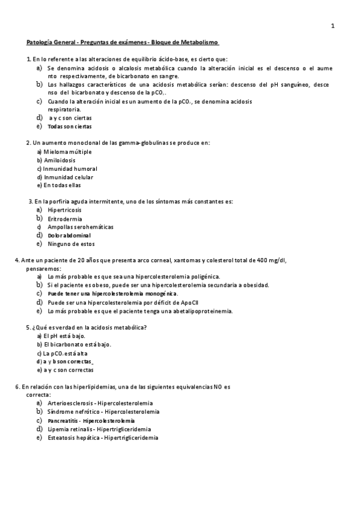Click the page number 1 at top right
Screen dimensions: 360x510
(333, 26)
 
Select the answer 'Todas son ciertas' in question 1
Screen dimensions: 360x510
(70, 126)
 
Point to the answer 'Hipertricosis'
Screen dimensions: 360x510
(65, 210)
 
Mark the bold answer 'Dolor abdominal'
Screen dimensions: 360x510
(69, 235)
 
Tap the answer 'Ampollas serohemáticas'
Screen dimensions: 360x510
(81, 227)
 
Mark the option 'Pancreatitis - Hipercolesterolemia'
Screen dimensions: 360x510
(91, 420)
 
